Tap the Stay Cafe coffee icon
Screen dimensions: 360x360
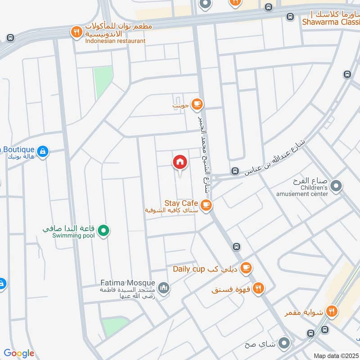pos(206,205)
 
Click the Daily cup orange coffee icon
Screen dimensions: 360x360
pos(245,269)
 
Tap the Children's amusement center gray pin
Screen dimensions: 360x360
pos(335,185)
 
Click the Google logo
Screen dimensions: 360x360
pos(19,353)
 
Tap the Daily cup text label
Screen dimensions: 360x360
pos(189,269)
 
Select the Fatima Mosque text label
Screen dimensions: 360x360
pos(127,284)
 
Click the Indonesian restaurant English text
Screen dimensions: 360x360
pos(115,41)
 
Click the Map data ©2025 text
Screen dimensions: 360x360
pos(336,355)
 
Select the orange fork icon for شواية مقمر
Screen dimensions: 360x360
pos(332,310)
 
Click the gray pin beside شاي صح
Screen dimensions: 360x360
pos(284,344)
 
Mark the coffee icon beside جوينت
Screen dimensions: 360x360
pos(197,104)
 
